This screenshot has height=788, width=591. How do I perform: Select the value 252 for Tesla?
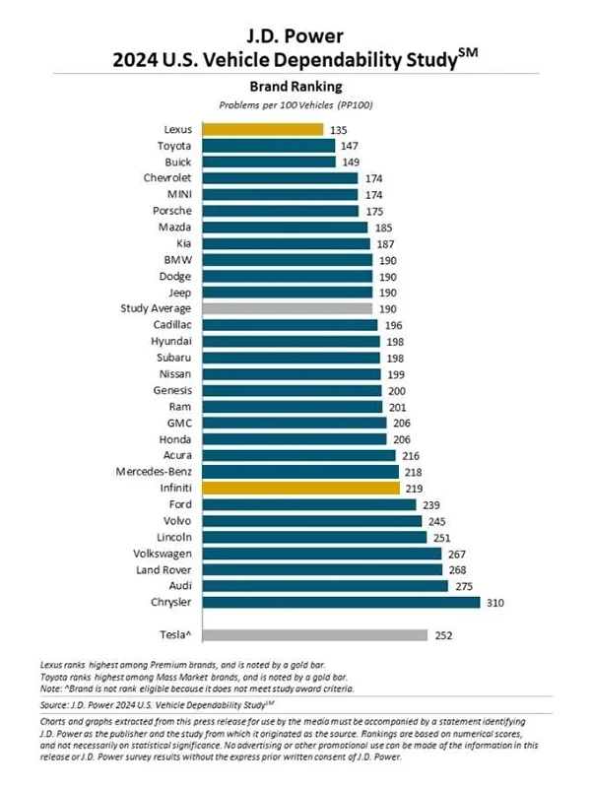444,635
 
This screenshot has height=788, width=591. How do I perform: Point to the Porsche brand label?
170,211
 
